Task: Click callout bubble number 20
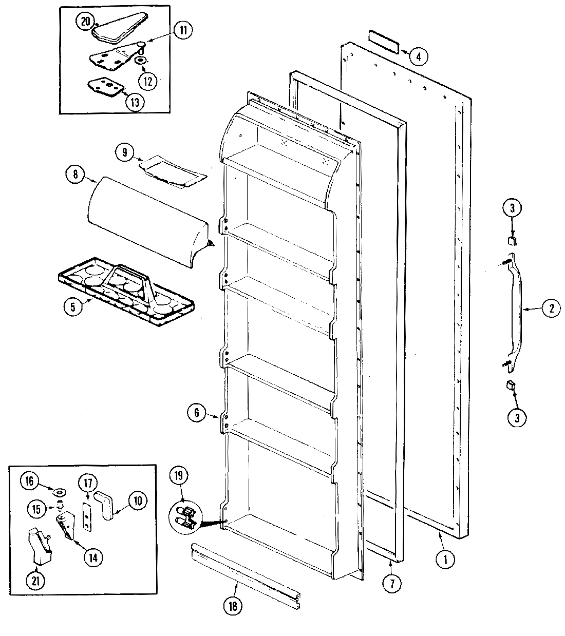point(85,22)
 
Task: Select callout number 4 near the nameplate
point(418,57)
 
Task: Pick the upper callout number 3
point(515,208)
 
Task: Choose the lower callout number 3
point(517,417)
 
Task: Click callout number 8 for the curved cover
point(75,174)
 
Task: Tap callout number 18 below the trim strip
point(232,606)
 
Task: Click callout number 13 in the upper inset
point(135,101)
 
